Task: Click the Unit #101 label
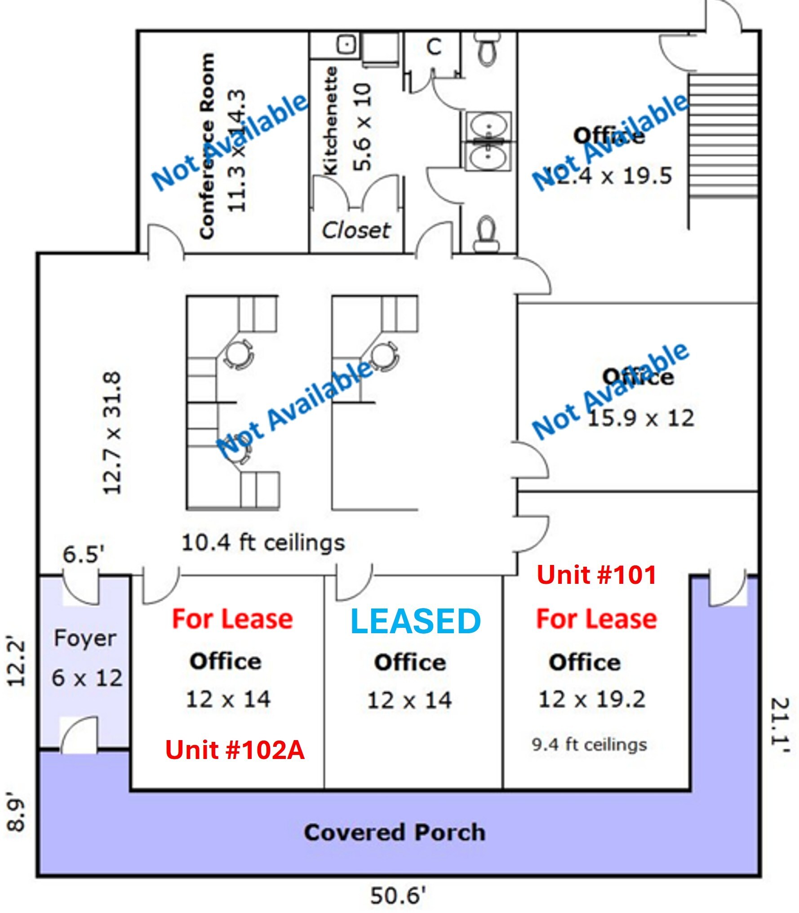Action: [596, 575]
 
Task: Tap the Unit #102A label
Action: [235, 750]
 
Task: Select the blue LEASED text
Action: [415, 622]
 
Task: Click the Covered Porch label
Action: [395, 832]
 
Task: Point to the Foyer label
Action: [85, 638]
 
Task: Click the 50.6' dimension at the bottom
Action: [397, 896]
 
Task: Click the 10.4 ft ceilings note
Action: [263, 543]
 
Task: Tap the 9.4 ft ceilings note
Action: [589, 745]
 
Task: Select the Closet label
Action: [356, 230]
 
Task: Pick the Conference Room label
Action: [206, 146]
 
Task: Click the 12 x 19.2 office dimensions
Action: [592, 699]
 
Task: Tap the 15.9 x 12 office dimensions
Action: [641, 418]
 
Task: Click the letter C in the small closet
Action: [434, 47]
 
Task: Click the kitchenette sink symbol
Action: [347, 44]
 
